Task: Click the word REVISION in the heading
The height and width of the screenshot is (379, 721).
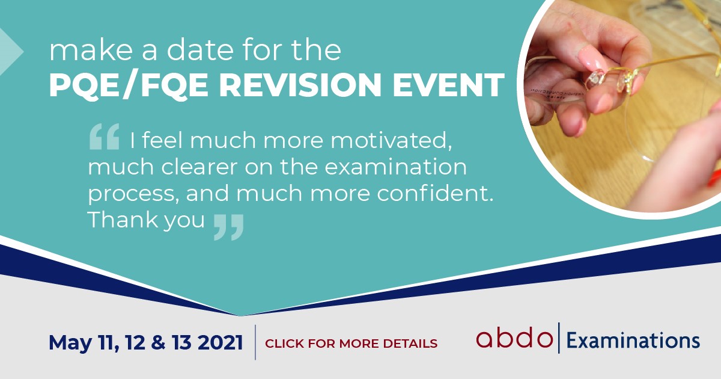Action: click(300, 84)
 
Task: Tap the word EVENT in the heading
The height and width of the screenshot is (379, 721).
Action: click(448, 84)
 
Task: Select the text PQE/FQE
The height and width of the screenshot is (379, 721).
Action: click(129, 85)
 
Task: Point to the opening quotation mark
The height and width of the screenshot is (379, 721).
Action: click(105, 137)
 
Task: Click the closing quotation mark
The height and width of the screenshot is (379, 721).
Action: click(228, 227)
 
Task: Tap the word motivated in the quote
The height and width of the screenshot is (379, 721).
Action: click(391, 141)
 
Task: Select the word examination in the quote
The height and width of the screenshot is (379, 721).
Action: click(395, 167)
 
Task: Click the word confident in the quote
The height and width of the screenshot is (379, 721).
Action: click(435, 193)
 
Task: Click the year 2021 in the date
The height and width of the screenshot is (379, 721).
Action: click(220, 342)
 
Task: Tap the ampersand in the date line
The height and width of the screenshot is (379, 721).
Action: click(158, 342)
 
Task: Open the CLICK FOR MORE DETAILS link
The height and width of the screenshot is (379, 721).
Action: click(351, 344)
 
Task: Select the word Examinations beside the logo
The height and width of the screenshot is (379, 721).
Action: click(633, 341)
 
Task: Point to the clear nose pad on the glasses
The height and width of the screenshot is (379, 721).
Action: click(594, 79)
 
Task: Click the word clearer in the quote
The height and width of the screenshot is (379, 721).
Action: click(199, 167)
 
